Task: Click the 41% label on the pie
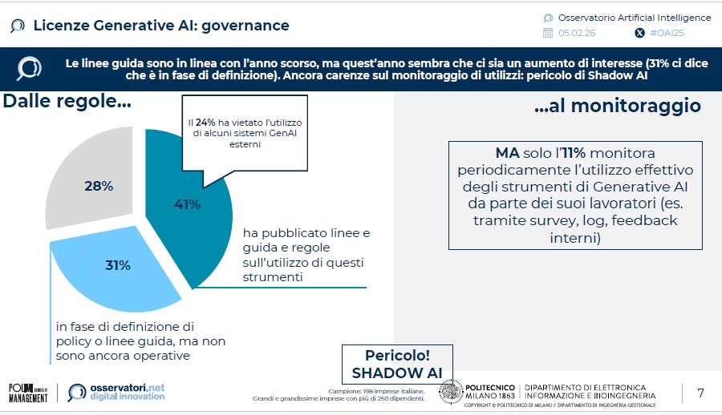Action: click(x=187, y=204)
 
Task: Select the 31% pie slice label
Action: click(x=118, y=265)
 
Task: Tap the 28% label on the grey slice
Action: click(x=99, y=186)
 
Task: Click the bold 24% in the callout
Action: click(x=204, y=122)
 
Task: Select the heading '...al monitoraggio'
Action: click(x=617, y=106)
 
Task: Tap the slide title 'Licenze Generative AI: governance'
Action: click(x=161, y=26)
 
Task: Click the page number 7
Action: click(x=700, y=393)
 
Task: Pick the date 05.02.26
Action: click(x=577, y=34)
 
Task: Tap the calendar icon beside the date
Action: click(x=548, y=34)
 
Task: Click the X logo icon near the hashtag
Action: click(x=639, y=34)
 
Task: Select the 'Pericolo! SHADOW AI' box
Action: click(x=397, y=364)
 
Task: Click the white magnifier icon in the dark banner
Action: click(x=30, y=67)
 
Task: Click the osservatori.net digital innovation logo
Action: click(x=116, y=392)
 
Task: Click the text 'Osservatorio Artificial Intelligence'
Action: click(x=634, y=18)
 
